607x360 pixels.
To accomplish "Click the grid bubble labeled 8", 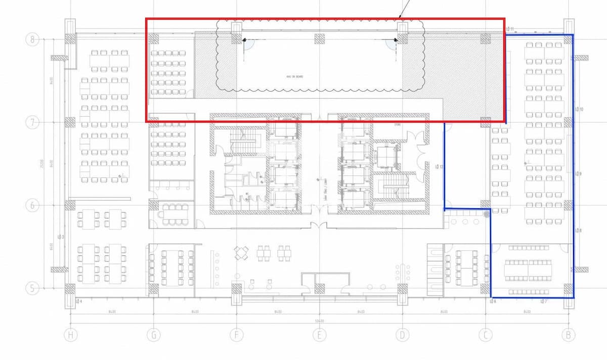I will coord(32,39).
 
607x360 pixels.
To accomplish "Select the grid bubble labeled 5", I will coord(32,288).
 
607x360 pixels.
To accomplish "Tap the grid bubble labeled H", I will coord(70,335).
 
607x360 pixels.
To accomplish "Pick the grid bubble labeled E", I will coord(319,335).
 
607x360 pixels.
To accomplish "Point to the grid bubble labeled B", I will coord(568,335).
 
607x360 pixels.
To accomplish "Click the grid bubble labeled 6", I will coord(32,205).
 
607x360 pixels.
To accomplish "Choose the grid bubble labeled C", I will coord(485,335).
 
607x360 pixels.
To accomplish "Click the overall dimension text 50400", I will coord(319,321).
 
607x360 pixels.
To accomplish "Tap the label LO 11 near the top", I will coord(509,29).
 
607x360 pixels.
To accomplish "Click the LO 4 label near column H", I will coord(78,301).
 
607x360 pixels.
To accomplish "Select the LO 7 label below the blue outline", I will coord(543,301).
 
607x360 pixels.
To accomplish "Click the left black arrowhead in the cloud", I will coord(244,39).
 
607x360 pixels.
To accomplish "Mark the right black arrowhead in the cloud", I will coord(396,39).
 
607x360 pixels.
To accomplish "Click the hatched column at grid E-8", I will coord(319,38).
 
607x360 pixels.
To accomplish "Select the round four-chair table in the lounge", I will coord(242,252).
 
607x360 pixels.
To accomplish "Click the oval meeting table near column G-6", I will coord(175,214).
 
